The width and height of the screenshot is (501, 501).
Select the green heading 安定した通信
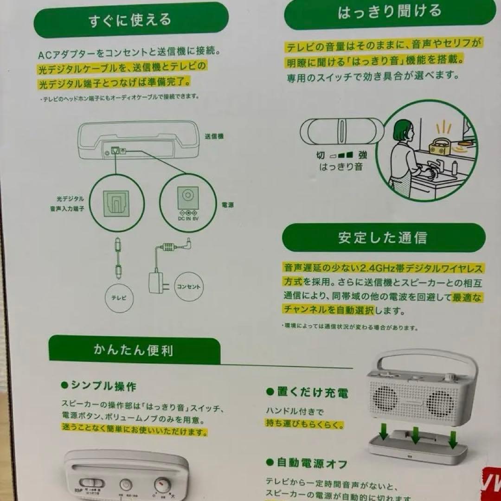click(383, 238)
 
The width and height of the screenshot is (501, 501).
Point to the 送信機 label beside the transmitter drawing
click(214, 136)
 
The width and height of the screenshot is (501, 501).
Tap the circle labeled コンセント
click(189, 287)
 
